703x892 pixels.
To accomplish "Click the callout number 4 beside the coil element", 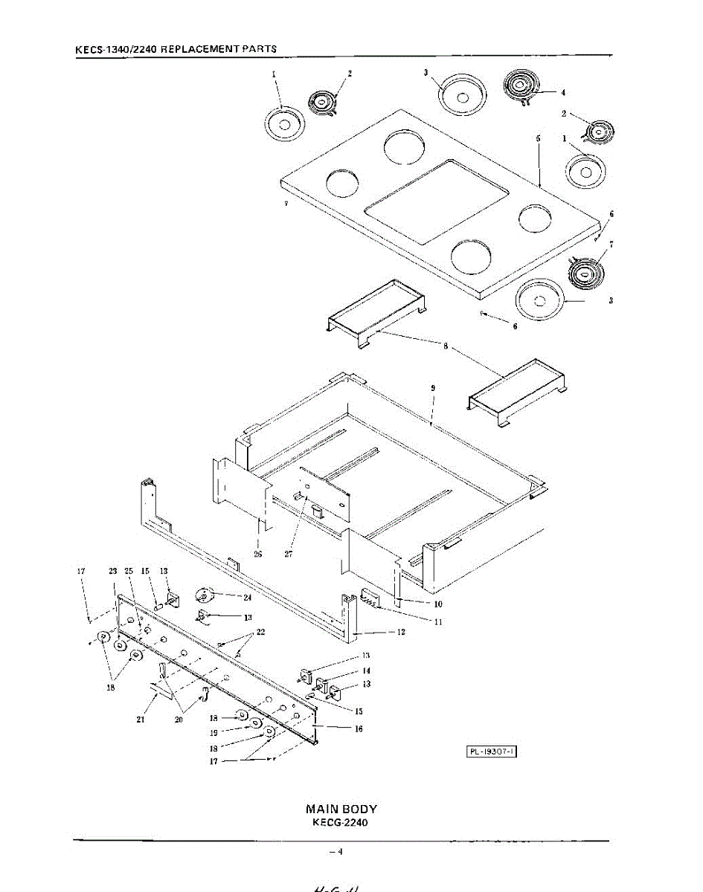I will pos(563,93).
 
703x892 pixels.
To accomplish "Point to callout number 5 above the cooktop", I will pos(537,138).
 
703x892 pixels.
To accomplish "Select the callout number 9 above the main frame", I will pos(433,388).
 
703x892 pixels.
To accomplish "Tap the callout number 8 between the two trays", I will pos(445,347).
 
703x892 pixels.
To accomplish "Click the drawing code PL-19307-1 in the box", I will pos(492,752).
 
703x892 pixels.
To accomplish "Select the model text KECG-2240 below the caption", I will pos(341,823).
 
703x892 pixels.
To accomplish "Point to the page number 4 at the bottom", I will pos(339,852).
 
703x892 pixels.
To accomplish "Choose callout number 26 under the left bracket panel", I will pos(257,552).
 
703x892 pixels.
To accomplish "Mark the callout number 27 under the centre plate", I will pos(289,552).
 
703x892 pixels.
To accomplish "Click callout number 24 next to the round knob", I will pos(247,596).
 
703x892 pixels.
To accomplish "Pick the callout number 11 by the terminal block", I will pos(437,622).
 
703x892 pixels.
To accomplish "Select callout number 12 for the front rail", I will pos(401,632).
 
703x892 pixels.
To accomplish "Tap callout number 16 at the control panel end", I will pos(359,729).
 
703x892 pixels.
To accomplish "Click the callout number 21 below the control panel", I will pos(141,719).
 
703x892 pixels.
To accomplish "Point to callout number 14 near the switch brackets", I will pos(366,670).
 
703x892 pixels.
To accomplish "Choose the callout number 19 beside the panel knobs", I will pos(214,732).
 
